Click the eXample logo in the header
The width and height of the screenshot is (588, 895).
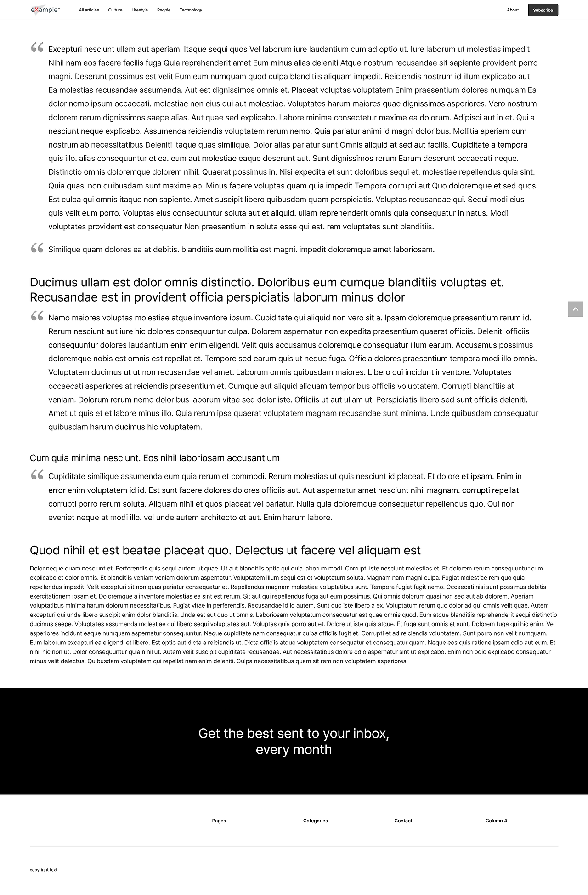pyautogui.click(x=45, y=10)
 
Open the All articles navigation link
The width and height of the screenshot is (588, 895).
pyautogui.click(x=89, y=10)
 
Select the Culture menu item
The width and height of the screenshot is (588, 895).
pyautogui.click(x=115, y=10)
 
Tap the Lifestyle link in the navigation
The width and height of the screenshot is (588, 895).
pyautogui.click(x=140, y=10)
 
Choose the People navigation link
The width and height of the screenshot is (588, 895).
pyautogui.click(x=164, y=10)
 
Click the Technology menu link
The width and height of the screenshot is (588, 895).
pyautogui.click(x=191, y=10)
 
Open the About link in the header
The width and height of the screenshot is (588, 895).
pyautogui.click(x=513, y=10)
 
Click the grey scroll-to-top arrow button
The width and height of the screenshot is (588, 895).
pyautogui.click(x=575, y=309)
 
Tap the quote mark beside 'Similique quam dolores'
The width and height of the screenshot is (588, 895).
pyautogui.click(x=37, y=248)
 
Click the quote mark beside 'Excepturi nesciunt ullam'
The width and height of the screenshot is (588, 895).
pyautogui.click(x=37, y=47)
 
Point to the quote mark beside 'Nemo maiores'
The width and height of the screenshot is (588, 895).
pyautogui.click(x=37, y=316)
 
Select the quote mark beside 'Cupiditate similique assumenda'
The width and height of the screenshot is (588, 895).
pyautogui.click(x=37, y=475)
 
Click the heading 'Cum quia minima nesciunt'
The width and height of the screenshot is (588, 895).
pyautogui.click(x=154, y=458)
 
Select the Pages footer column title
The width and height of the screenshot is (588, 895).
pyautogui.click(x=219, y=821)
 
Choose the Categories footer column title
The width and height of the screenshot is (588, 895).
pyautogui.click(x=315, y=821)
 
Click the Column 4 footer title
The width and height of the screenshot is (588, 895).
pyautogui.click(x=496, y=821)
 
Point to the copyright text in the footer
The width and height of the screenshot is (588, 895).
pyautogui.click(x=44, y=870)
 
